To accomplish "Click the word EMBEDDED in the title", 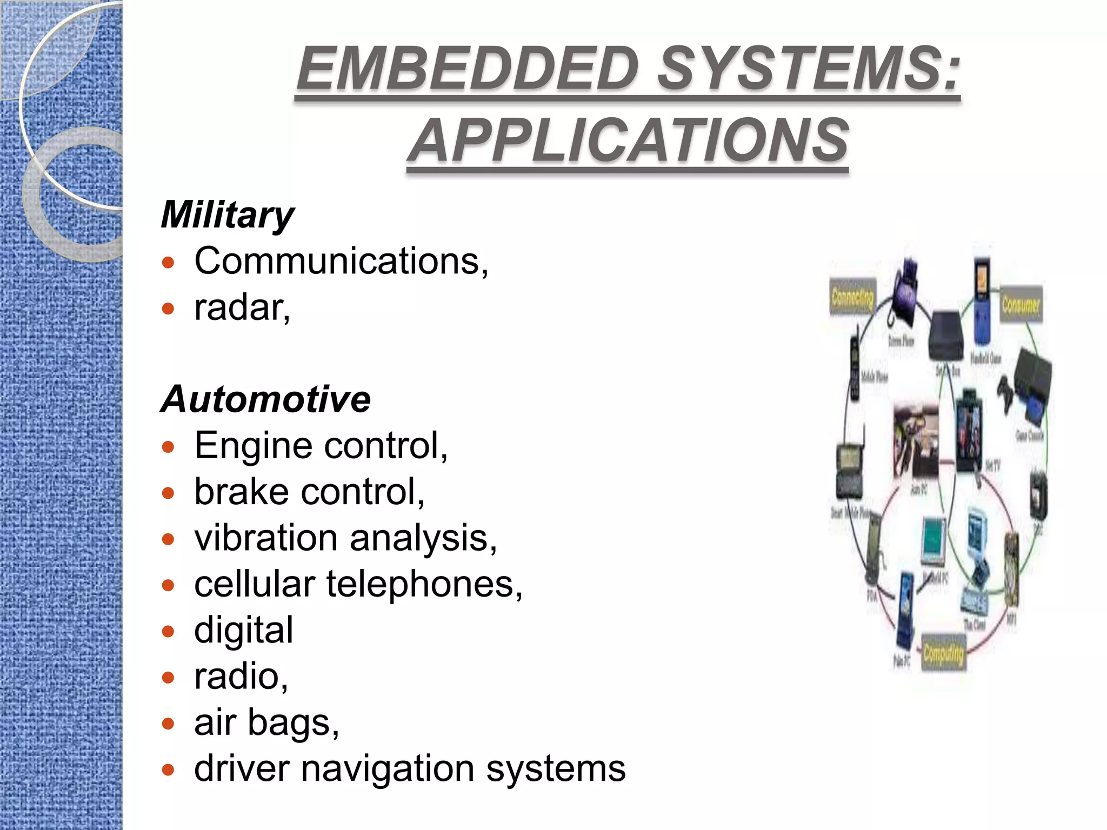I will (468, 69).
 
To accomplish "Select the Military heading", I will (228, 215).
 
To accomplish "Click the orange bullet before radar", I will (169, 309).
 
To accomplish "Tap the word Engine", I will (253, 446).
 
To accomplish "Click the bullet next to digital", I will (169, 631).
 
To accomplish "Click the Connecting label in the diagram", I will (852, 297).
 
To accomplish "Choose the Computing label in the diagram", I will (943, 654).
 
